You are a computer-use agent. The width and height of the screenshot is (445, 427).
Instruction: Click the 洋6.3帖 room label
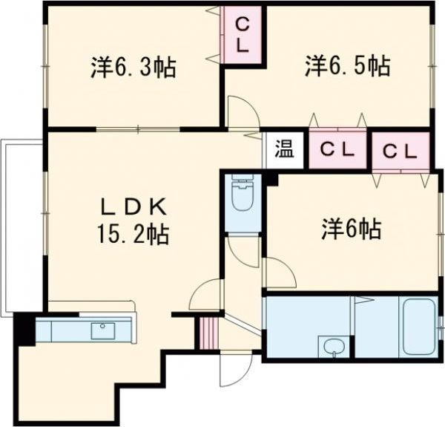click(133, 68)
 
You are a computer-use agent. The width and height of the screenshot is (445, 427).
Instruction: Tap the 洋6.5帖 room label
click(346, 66)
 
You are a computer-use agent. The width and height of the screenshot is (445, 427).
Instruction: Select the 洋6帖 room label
click(351, 229)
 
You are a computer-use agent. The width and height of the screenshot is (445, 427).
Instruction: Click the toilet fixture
click(242, 195)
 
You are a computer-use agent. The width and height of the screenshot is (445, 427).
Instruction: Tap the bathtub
click(419, 327)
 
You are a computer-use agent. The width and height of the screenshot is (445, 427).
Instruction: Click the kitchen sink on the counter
click(102, 330)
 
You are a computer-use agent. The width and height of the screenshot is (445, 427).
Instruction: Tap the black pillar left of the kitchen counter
click(24, 329)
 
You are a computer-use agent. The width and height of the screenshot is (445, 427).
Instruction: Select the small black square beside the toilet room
click(271, 179)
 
